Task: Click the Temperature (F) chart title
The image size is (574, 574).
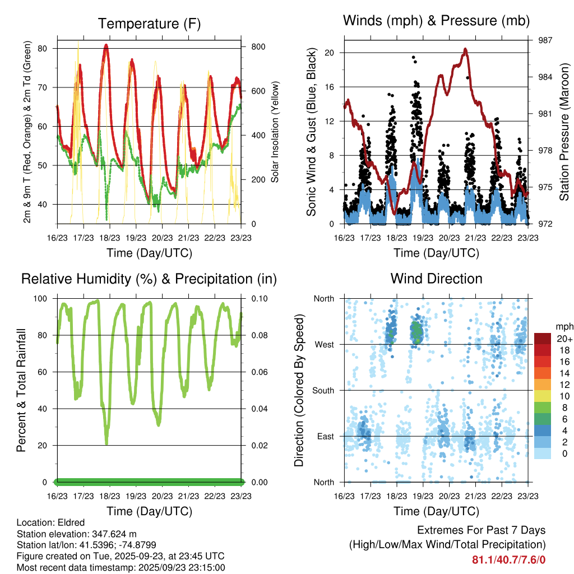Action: tap(149, 24)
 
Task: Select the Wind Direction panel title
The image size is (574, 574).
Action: tap(436, 279)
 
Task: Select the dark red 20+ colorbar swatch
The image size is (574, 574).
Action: tap(543, 338)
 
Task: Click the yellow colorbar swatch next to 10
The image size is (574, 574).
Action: tap(543, 396)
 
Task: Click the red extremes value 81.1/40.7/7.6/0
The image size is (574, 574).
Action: tap(509, 559)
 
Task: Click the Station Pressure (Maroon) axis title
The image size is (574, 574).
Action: tap(564, 132)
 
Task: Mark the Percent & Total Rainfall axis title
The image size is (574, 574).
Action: tap(22, 391)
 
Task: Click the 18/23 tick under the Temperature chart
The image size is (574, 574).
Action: tap(110, 237)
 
